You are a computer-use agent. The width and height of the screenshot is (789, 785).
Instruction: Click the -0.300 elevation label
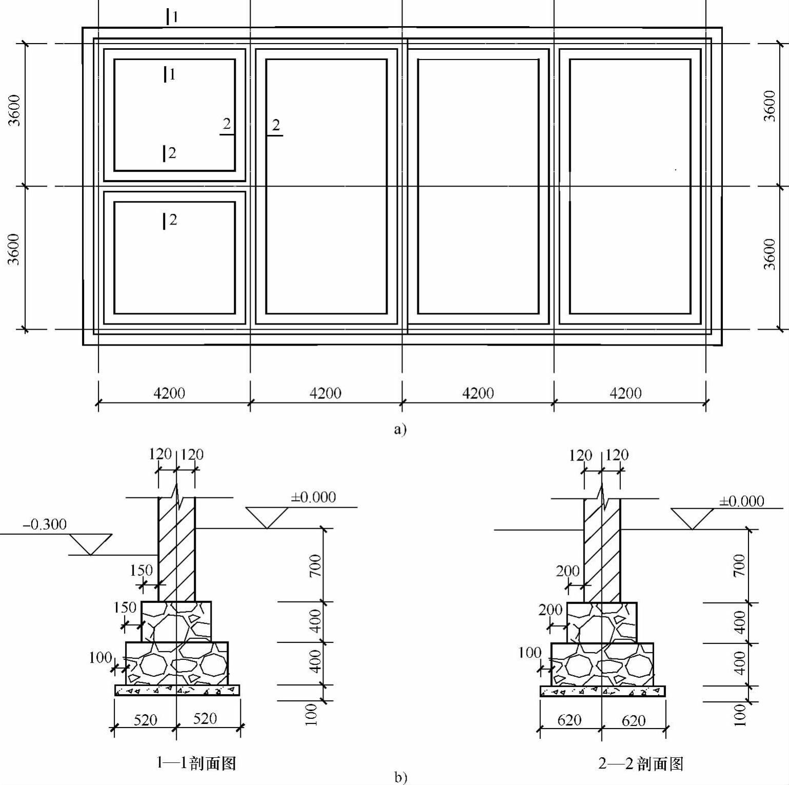point(45,525)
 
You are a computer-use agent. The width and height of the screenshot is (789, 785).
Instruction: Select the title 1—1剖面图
point(196,763)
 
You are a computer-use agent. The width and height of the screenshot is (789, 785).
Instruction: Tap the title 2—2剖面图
point(641,764)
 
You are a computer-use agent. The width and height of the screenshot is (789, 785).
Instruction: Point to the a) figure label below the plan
point(400,429)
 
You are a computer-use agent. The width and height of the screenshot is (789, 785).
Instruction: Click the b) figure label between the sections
point(400,777)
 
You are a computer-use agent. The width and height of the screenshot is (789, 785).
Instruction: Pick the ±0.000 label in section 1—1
point(313,497)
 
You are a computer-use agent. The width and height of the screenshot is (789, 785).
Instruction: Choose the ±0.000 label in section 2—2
point(741,501)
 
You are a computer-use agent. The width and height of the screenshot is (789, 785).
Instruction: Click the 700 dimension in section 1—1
point(315,566)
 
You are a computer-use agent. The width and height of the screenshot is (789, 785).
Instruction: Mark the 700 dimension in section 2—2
point(739,565)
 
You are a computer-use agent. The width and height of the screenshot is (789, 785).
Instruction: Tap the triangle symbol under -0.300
point(91,544)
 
